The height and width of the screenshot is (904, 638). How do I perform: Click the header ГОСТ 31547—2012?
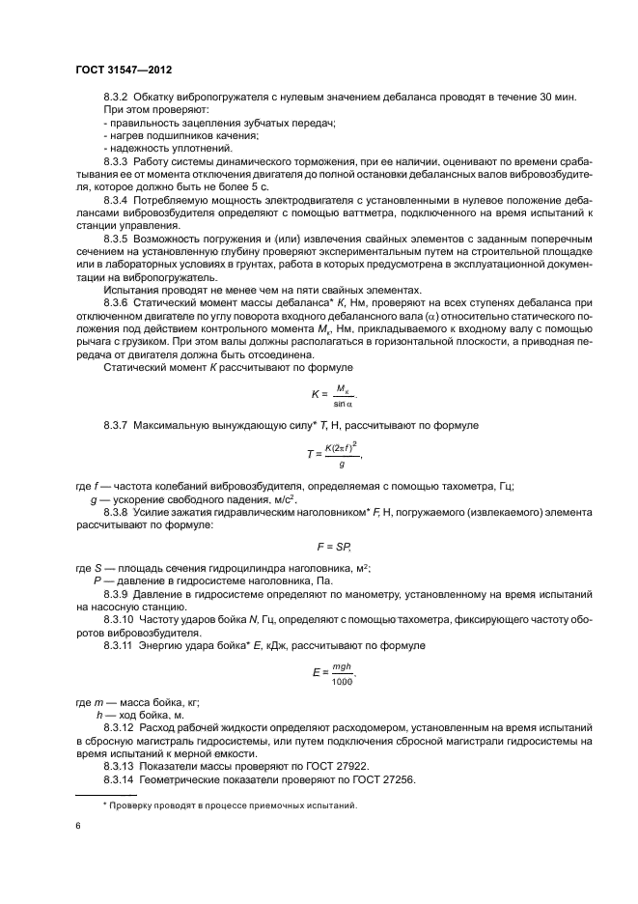[x=124, y=71]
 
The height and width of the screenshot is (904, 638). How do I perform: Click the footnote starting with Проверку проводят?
[x=230, y=804]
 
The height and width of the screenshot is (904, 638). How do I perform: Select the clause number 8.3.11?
[x=120, y=644]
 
